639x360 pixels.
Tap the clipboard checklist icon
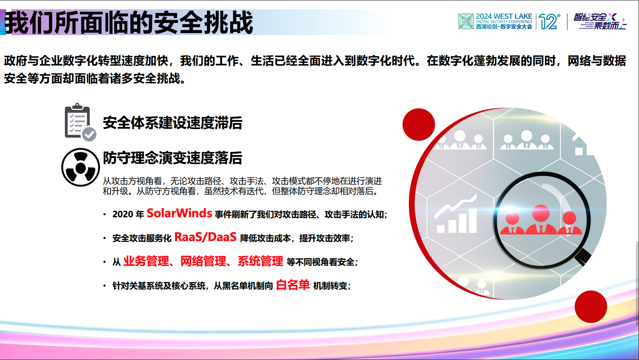pyautogui.click(x=79, y=122)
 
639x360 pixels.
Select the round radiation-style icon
pyautogui.click(x=81, y=167)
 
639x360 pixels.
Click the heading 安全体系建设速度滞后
pyautogui.click(x=173, y=123)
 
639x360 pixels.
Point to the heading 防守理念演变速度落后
pyautogui.click(x=173, y=158)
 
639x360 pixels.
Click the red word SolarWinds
pyautogui.click(x=179, y=213)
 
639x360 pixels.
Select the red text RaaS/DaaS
pyautogui.click(x=205, y=237)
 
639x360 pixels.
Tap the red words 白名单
pyautogui.click(x=293, y=285)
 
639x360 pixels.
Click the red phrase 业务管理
pyautogui.click(x=146, y=261)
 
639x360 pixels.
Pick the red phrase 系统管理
pyautogui.click(x=260, y=261)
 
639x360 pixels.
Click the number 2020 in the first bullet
pyautogui.click(x=123, y=214)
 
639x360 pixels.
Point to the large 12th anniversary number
pyautogui.click(x=549, y=21)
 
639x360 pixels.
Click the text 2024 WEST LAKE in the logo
pyautogui.click(x=504, y=17)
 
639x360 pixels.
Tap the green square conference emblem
pyautogui.click(x=466, y=21)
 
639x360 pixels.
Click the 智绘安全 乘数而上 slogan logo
pyautogui.click(x=600, y=21)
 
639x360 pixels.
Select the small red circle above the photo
pyautogui.click(x=418, y=125)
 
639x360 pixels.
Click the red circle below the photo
pyautogui.click(x=591, y=306)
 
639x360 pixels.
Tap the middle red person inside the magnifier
pyautogui.click(x=541, y=220)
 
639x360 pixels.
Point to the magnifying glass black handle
pyautogui.click(x=583, y=256)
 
